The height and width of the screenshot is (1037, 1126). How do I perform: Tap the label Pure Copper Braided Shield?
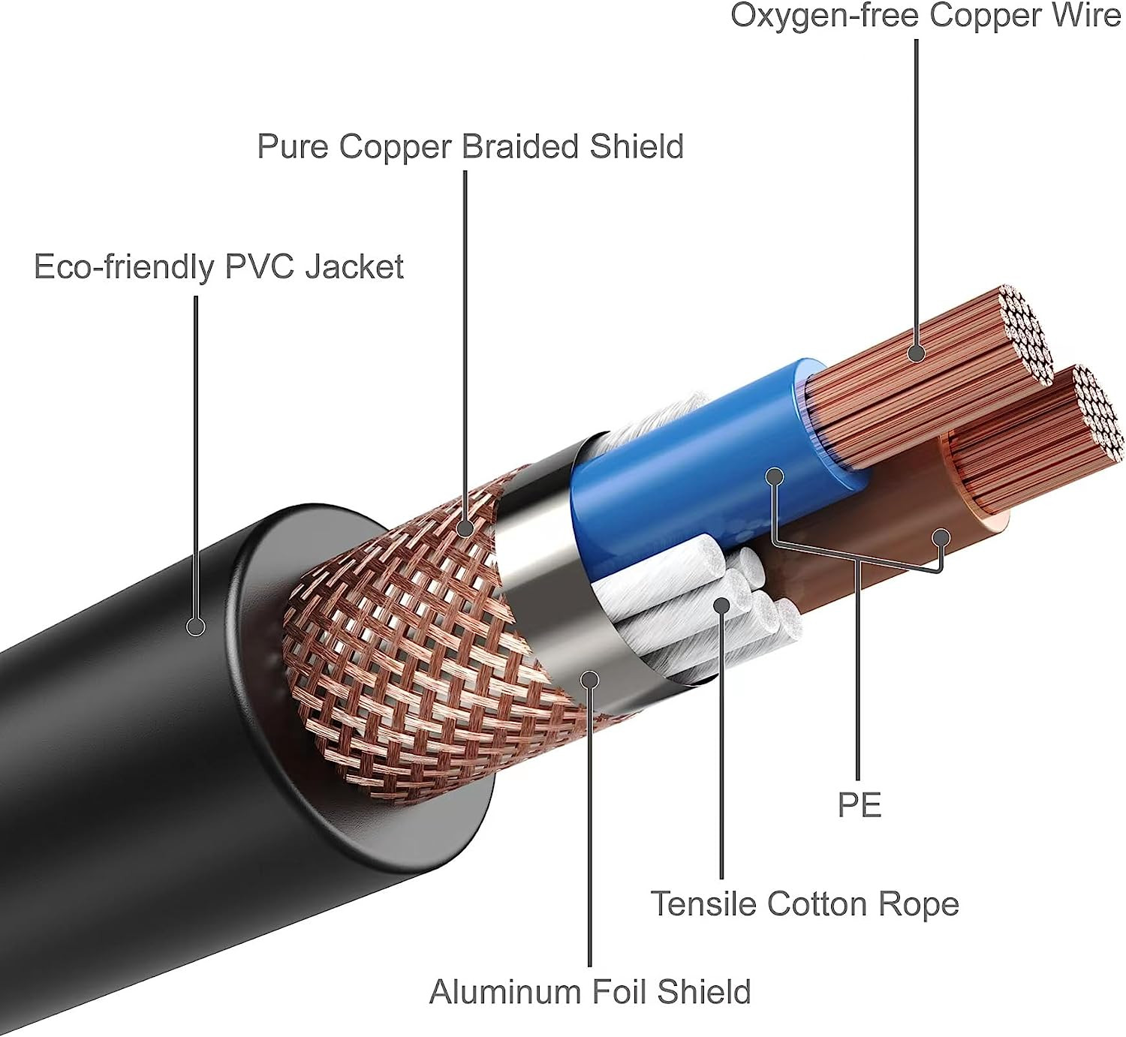470,146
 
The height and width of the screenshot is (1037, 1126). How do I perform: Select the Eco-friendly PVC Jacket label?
218,267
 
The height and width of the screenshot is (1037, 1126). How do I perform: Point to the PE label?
859,805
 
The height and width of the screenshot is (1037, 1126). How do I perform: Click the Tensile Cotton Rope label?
804,903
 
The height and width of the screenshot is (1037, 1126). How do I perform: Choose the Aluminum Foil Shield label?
589,992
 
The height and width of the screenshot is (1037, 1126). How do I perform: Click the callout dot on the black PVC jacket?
196,626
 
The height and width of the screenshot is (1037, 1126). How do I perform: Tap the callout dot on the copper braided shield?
465,528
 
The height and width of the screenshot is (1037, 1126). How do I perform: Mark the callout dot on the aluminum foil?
590,680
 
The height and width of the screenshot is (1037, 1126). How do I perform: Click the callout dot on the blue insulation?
775,476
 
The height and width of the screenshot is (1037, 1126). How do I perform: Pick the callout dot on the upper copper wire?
916,353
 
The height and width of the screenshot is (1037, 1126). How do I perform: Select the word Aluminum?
505,992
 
